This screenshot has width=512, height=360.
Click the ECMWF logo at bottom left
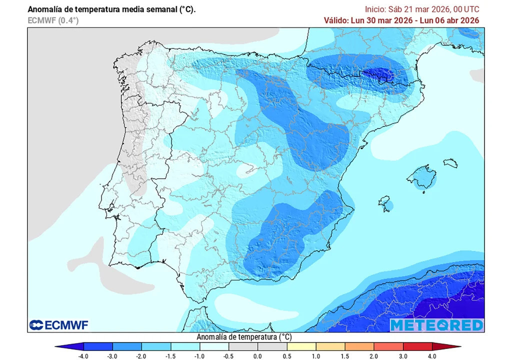pyautogui.click(x=58, y=325)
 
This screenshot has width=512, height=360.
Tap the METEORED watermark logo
pyautogui.click(x=436, y=325)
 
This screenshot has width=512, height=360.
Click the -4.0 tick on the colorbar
pyautogui.click(x=83, y=355)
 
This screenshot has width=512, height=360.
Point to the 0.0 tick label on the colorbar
pyautogui.click(x=257, y=355)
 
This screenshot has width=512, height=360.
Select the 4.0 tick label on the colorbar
pyautogui.click(x=431, y=355)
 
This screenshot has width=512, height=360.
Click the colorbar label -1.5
pyautogui.click(x=170, y=355)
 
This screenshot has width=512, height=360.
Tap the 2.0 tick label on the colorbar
pyautogui.click(x=373, y=355)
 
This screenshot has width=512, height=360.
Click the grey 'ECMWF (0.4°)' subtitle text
pyautogui.click(x=53, y=20)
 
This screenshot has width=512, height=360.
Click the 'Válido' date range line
pyautogui.click(x=401, y=20)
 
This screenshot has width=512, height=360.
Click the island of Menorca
pyautogui.click(x=450, y=163)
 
